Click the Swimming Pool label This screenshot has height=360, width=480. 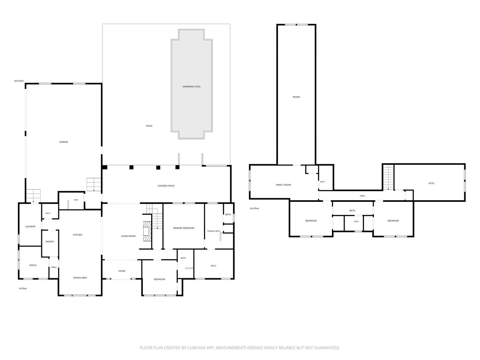coord(191,87)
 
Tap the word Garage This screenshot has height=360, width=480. coord(63,142)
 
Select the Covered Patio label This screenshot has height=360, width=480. coord(166,186)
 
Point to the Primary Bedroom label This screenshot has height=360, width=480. coord(183,228)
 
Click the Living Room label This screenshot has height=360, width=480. coord(128,236)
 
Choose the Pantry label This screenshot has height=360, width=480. coord(49,241)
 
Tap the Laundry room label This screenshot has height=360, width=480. coord(30,226)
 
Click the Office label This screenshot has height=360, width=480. coord(33,265)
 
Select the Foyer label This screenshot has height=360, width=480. coord(122,271)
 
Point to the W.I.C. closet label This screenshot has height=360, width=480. coord(213,266)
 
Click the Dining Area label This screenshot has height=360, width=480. coord(80,277)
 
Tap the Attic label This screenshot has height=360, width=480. coord(431,183)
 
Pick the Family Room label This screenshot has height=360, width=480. coord(283,185)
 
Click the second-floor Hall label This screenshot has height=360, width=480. coord(362,196)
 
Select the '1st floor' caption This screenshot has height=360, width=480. coord(22,288)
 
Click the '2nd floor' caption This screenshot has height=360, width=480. coord(254,208)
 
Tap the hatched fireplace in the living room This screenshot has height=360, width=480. coord(147,231)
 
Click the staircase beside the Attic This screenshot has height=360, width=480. coord(388,177)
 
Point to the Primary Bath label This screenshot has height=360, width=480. coord(213,231)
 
